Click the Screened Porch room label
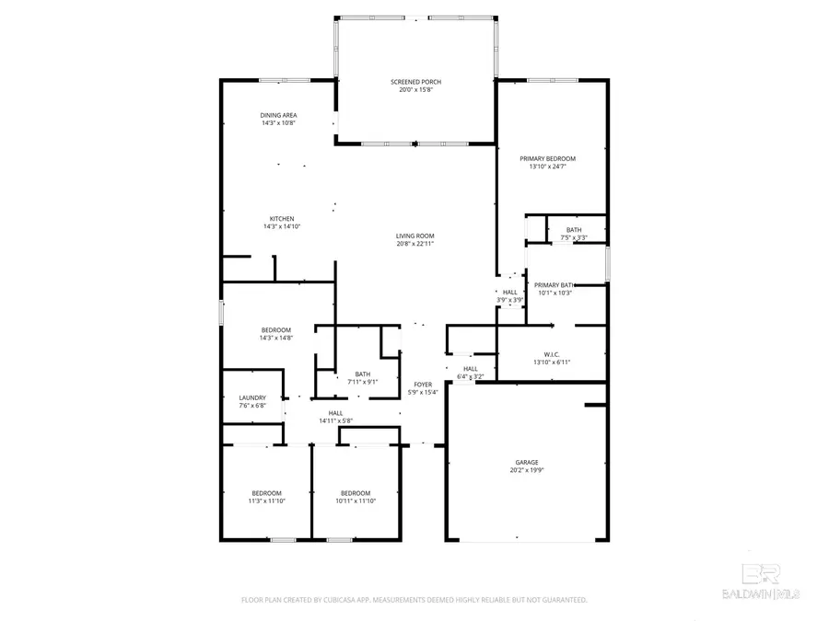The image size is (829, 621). click(x=414, y=82)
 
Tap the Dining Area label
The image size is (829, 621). click(x=278, y=115)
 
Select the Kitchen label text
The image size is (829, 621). click(x=282, y=218)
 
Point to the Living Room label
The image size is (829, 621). click(x=414, y=236)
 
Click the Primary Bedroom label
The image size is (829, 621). click(x=553, y=158)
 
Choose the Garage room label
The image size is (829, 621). click(x=527, y=462)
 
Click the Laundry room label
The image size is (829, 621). click(x=253, y=397)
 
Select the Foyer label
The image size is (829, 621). click(x=423, y=384)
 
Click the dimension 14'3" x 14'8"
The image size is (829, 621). click(x=276, y=338)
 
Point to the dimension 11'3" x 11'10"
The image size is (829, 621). click(x=267, y=500)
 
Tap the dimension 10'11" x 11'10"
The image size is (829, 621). click(x=355, y=500)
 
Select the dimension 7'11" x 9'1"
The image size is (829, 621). click(x=362, y=382)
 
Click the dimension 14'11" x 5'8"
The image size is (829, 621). click(x=336, y=420)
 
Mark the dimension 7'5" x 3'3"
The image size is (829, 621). click(x=574, y=237)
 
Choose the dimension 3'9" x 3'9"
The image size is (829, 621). click(x=510, y=299)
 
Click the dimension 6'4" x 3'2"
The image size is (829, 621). click(x=470, y=376)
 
